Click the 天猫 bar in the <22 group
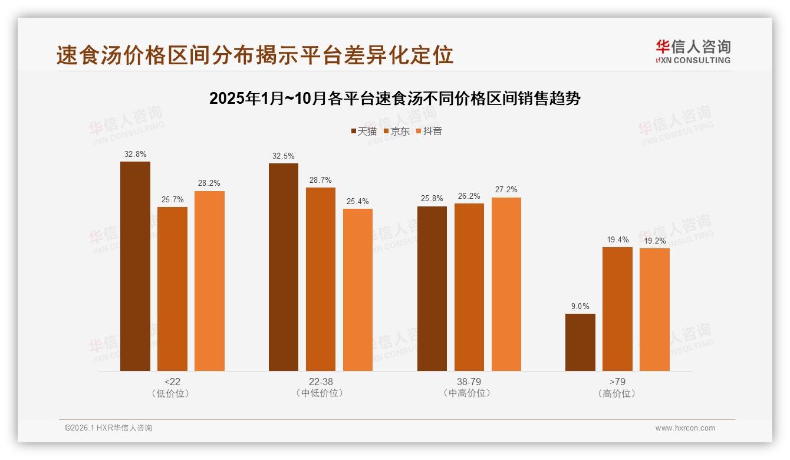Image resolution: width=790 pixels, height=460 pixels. [135, 266]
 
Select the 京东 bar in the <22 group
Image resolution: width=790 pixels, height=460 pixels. [172, 289]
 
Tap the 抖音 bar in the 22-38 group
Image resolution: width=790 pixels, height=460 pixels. [358, 290]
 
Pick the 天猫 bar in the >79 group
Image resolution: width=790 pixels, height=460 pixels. [580, 342]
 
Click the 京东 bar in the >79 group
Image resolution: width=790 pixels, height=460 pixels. [617, 309]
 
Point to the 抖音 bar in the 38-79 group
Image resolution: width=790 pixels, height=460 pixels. [506, 284]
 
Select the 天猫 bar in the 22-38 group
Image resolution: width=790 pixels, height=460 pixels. [284, 267]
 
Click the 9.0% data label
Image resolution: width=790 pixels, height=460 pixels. [580, 306]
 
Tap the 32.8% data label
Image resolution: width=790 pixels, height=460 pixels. [135, 154]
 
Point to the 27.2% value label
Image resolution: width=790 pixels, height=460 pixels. [506, 189]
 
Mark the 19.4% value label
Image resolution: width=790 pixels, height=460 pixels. [617, 239]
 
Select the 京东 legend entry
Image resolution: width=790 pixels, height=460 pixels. [396, 131]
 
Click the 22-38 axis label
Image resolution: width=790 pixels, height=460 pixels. [321, 382]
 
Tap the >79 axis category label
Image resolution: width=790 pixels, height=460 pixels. [617, 382]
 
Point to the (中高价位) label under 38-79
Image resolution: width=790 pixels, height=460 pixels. [469, 393]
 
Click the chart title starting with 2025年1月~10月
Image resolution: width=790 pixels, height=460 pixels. [395, 98]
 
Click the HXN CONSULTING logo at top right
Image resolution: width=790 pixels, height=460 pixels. [693, 52]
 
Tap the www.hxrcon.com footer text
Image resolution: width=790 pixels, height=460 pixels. [685, 428]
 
